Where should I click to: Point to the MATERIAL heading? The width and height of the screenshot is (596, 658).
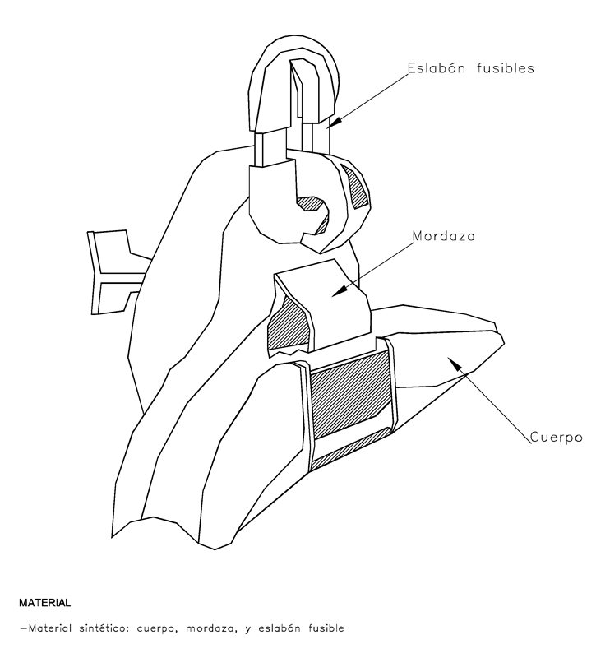44,603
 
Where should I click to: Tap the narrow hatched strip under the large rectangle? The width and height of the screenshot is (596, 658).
349,452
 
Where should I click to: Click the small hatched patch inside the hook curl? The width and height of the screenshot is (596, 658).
311,203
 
